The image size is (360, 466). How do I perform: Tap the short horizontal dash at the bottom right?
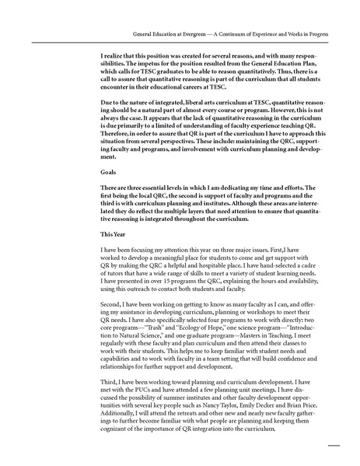pyautogui.click(x=335, y=446)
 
